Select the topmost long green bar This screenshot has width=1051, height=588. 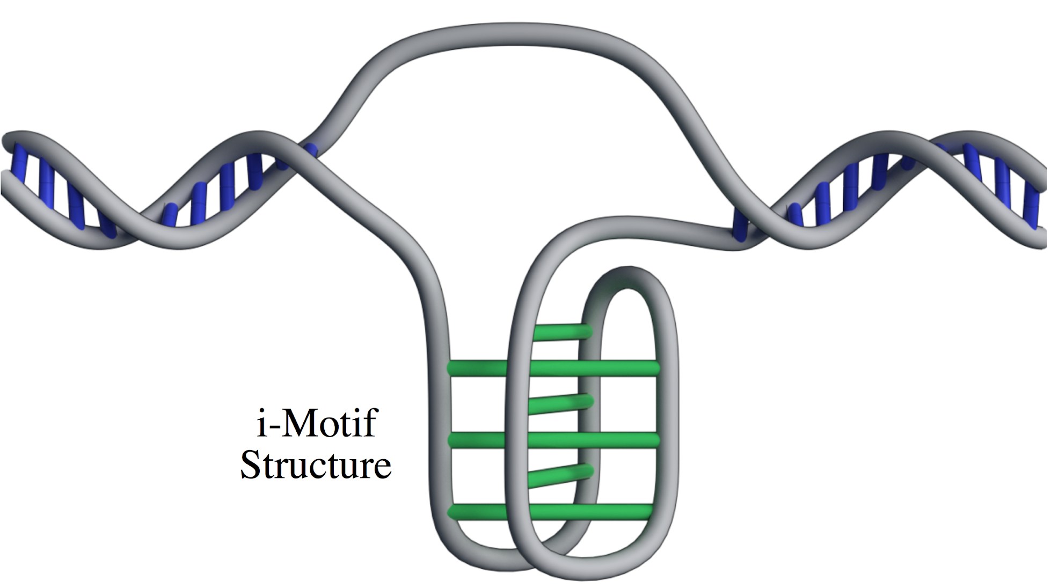[x=553, y=368]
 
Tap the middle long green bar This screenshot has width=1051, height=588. [x=553, y=440]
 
